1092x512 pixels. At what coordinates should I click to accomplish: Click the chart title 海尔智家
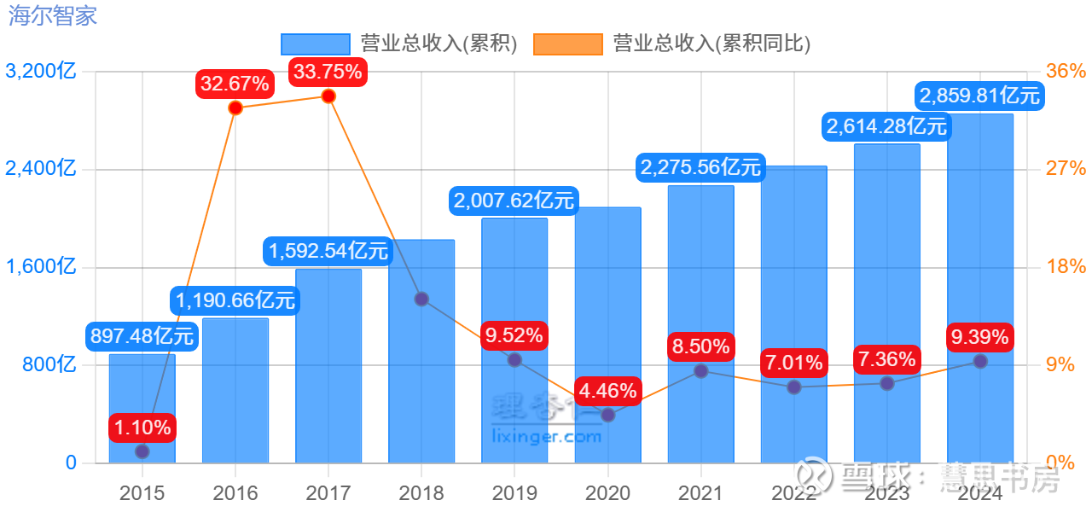(53, 16)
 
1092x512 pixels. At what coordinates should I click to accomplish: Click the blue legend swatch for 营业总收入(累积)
(315, 44)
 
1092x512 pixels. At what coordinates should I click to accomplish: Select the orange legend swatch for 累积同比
(567, 44)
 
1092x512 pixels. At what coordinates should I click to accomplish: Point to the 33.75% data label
(328, 71)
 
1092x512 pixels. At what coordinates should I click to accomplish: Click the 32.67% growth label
(235, 83)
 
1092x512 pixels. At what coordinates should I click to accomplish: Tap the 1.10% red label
(142, 426)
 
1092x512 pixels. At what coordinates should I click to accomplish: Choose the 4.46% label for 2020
(607, 391)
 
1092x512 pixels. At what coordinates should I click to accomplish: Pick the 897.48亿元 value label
(142, 336)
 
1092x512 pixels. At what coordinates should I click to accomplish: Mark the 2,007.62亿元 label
(514, 201)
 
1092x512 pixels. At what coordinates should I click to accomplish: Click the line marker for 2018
(421, 299)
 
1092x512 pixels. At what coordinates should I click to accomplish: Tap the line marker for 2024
(980, 361)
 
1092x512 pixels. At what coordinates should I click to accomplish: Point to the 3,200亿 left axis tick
(41, 72)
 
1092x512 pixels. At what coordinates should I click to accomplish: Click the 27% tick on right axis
(1066, 169)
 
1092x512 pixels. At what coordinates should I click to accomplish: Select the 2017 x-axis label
(328, 493)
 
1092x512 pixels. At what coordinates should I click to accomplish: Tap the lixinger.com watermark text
(547, 437)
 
